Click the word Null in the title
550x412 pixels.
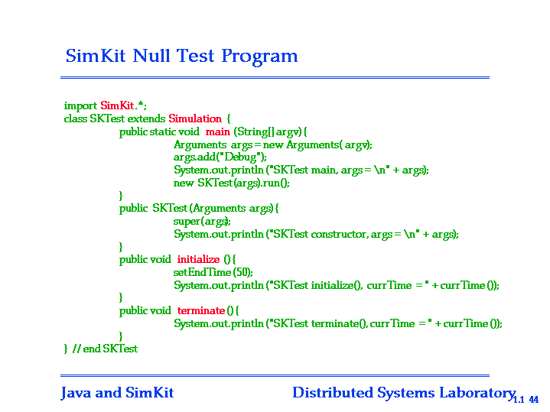(151, 56)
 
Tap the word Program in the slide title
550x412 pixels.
(259, 57)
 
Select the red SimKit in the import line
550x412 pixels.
(117, 105)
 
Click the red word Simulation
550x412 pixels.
(195, 118)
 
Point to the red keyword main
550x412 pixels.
(218, 131)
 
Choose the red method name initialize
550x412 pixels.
(199, 259)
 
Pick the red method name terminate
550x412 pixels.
(201, 310)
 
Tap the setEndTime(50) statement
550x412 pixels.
(213, 272)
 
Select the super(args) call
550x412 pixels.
(202, 221)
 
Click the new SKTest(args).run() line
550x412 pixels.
(232, 183)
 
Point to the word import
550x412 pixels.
(80, 105)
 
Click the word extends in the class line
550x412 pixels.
(146, 118)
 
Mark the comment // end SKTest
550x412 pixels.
(105, 349)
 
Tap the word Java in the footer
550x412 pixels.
(76, 393)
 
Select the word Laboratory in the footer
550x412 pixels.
(477, 393)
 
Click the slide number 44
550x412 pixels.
(533, 399)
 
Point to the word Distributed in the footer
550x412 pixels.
(333, 393)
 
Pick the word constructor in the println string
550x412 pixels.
(338, 234)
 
